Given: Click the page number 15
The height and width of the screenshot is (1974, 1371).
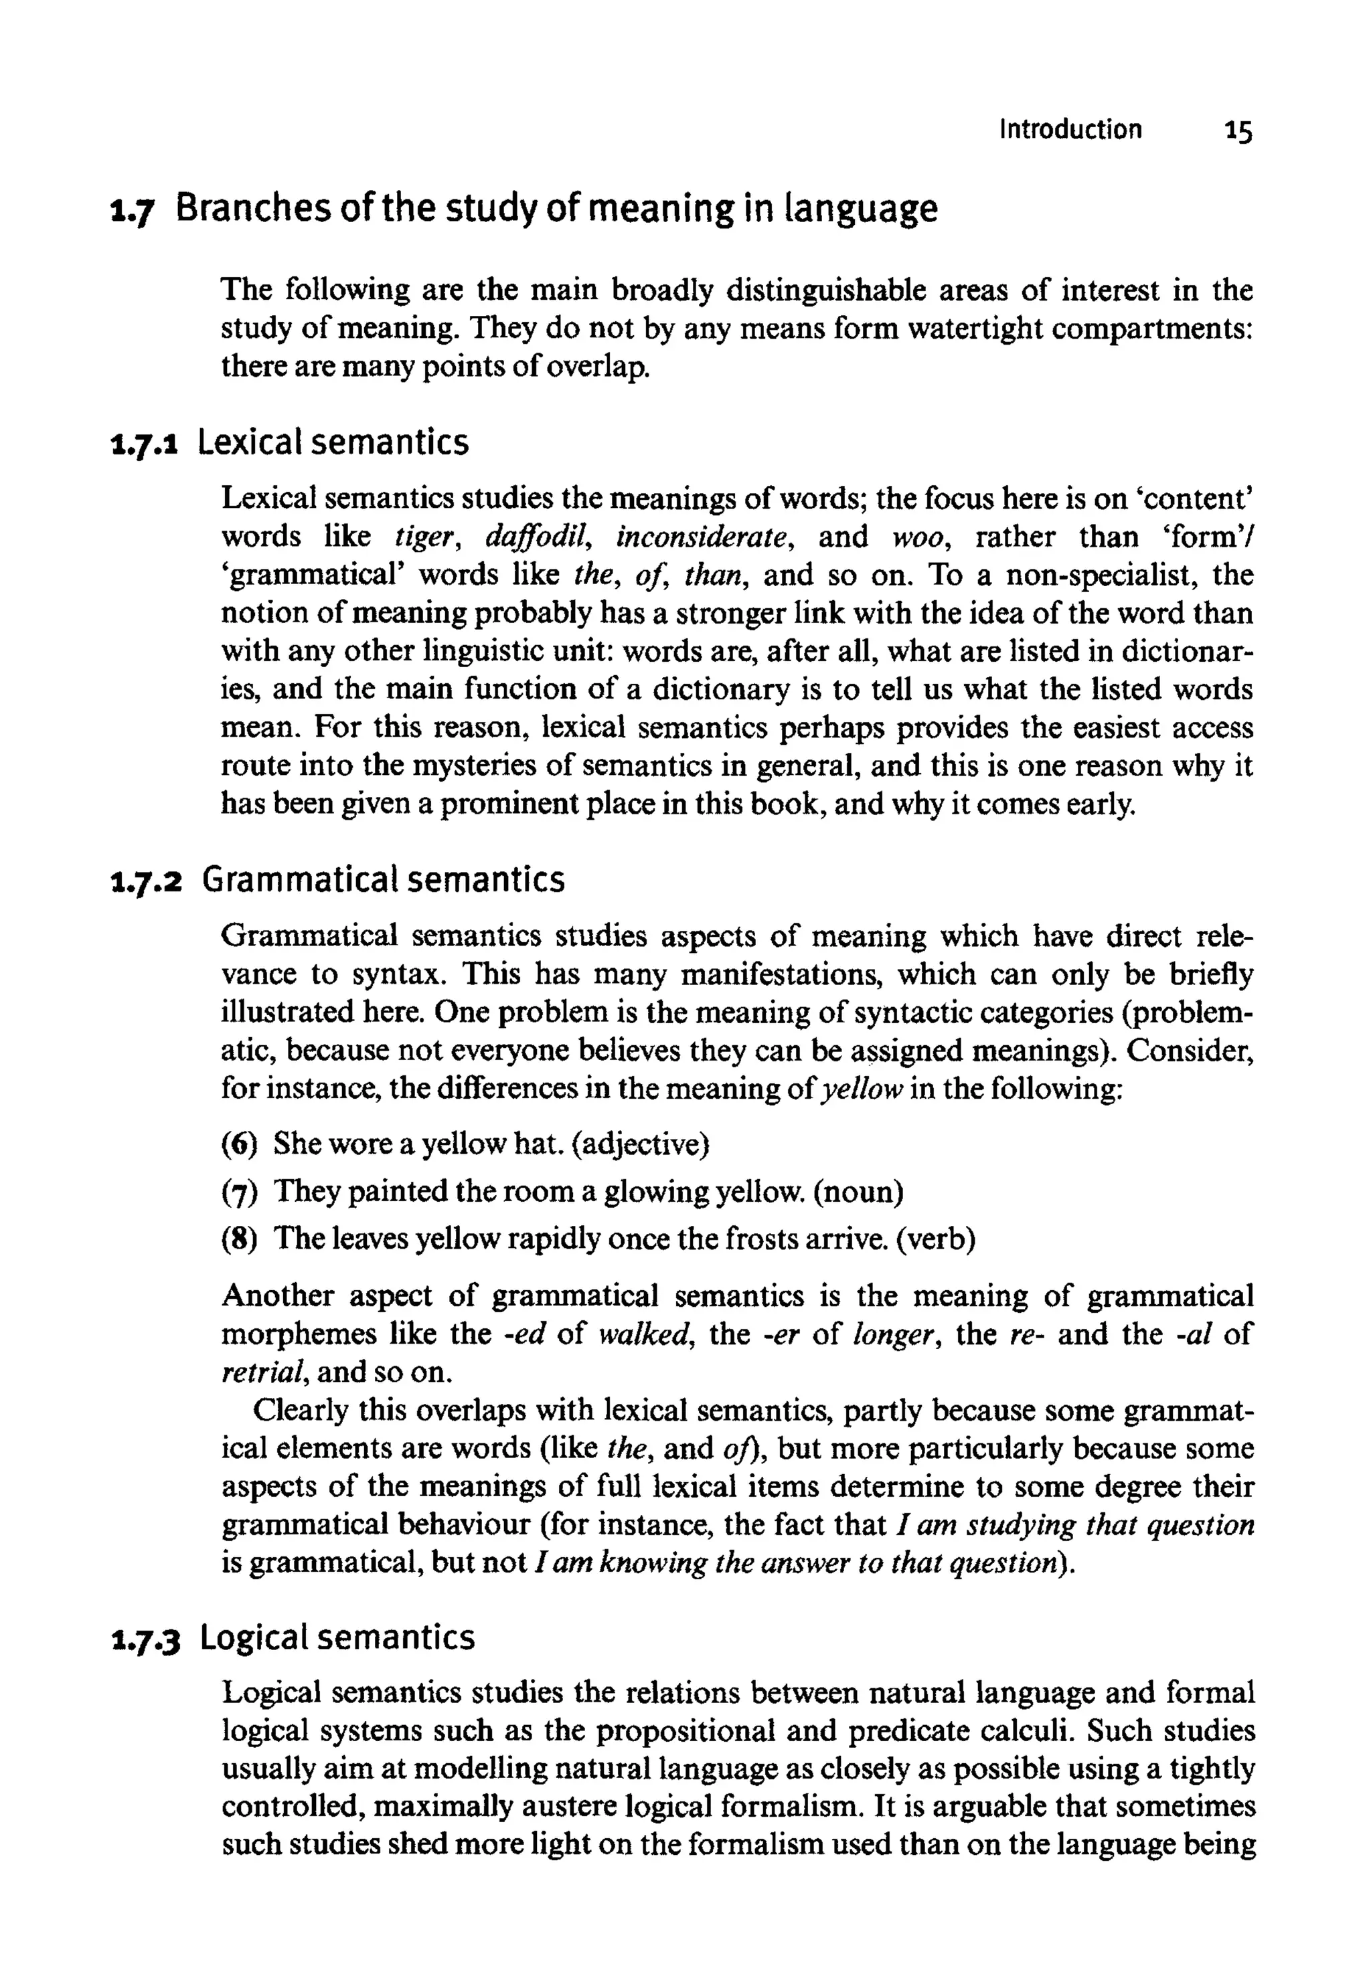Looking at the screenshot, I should [1238, 131].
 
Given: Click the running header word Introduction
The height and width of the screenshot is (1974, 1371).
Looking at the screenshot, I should [1070, 130].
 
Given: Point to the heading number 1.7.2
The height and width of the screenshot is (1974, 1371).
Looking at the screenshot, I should [146, 882].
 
